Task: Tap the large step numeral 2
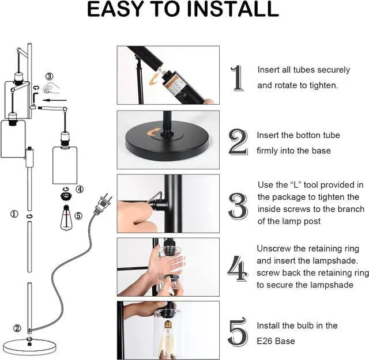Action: click(238, 142)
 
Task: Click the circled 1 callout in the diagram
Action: click(14, 214)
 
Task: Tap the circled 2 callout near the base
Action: click(17, 328)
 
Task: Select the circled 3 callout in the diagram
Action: click(50, 76)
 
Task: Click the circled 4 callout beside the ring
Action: click(80, 189)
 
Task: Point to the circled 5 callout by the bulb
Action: click(79, 216)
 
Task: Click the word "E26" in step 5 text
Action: click(267, 341)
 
